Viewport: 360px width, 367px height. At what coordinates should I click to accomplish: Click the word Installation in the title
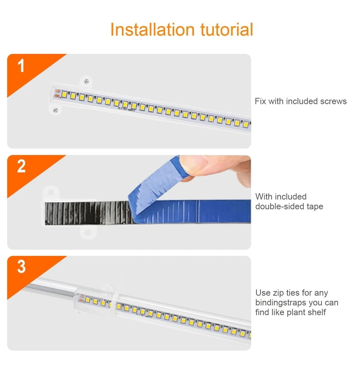[152, 30]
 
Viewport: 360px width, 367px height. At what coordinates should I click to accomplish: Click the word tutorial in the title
[226, 30]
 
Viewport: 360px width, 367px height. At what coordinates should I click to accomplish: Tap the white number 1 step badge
[21, 66]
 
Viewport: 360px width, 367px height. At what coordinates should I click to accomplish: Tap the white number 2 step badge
[21, 166]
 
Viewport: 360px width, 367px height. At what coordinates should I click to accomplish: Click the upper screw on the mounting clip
[86, 81]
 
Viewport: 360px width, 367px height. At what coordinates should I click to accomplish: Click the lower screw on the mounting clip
[55, 110]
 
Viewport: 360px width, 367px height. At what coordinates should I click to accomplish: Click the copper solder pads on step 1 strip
[57, 93]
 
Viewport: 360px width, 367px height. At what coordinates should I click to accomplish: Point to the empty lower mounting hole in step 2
[88, 232]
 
